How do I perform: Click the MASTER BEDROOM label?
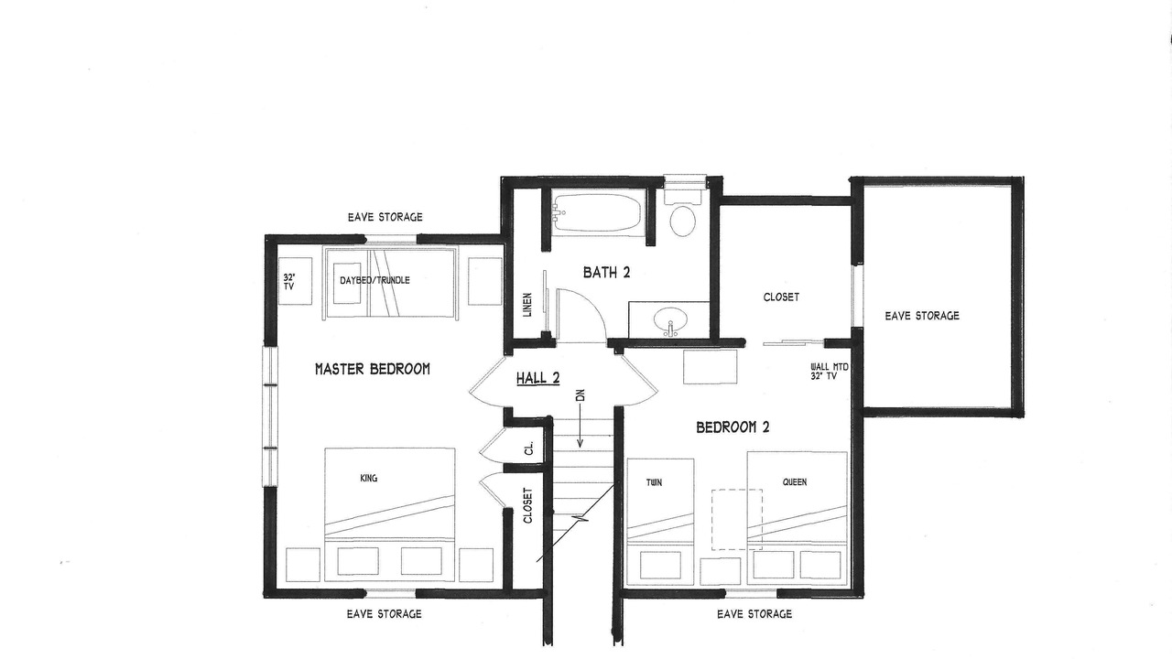(x=373, y=369)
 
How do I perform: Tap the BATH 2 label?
(x=606, y=273)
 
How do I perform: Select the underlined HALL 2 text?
(x=537, y=378)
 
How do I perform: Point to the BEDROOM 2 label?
(x=732, y=427)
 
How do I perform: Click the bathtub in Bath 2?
(x=596, y=212)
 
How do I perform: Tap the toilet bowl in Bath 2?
(x=683, y=221)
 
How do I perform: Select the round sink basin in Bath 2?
(x=669, y=320)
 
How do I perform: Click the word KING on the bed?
(x=369, y=478)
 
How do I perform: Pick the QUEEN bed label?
(x=794, y=482)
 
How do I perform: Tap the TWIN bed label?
(x=654, y=482)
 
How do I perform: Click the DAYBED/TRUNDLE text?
(x=374, y=280)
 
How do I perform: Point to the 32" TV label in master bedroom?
(x=289, y=282)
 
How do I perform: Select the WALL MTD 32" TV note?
(x=829, y=372)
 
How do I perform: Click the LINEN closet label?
(x=527, y=305)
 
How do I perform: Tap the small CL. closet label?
(x=528, y=448)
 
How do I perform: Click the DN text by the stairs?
(x=580, y=395)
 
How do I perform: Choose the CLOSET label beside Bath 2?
(x=781, y=297)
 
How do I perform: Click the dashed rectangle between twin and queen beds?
(x=736, y=519)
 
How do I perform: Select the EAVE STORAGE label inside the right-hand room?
(x=922, y=316)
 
